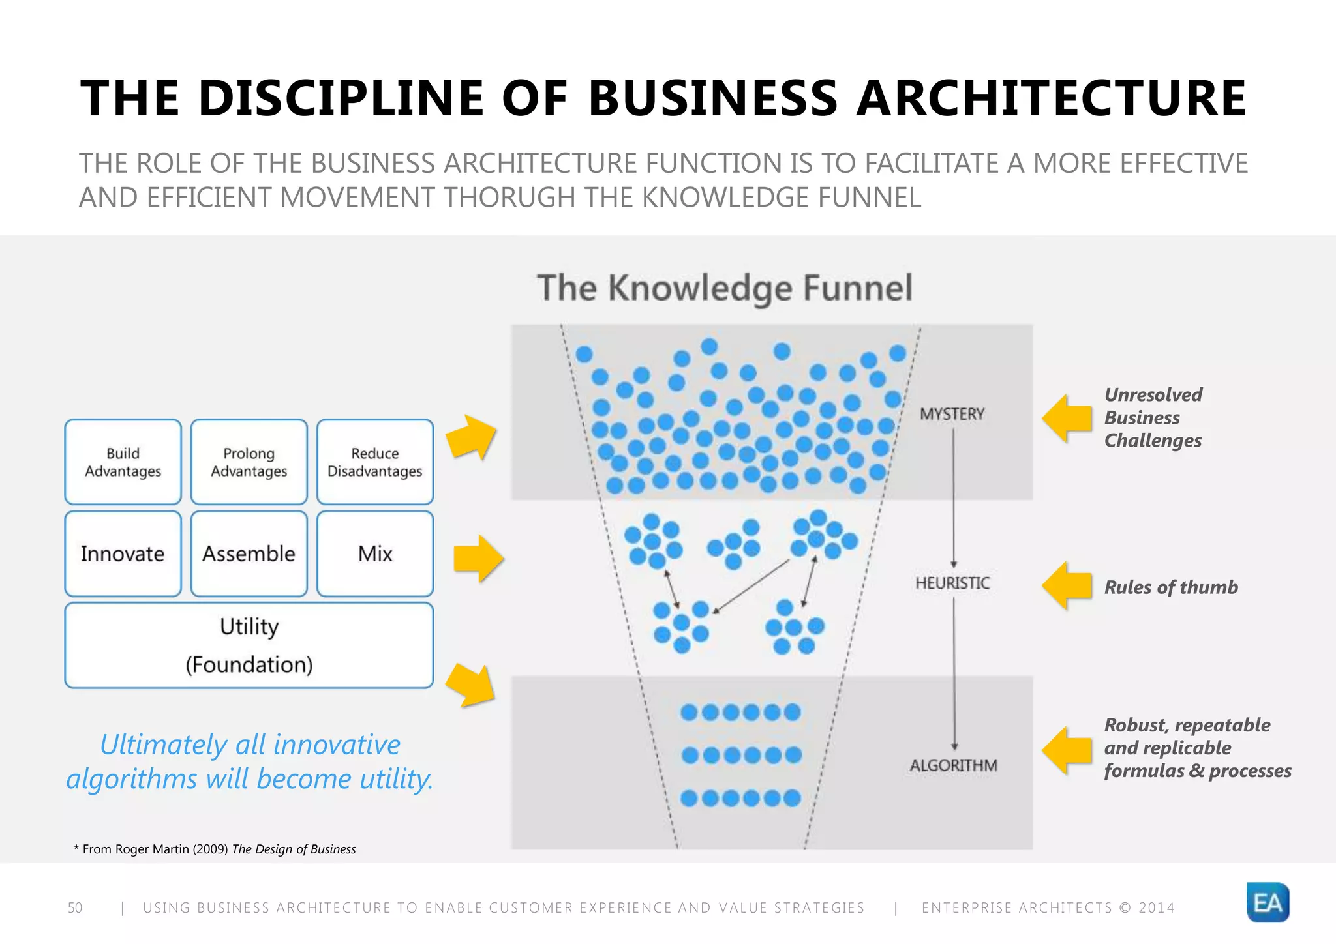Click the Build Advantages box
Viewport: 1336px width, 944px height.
click(x=123, y=462)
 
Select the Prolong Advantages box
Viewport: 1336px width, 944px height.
click(x=249, y=462)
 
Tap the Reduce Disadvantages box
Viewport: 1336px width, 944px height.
click(x=375, y=462)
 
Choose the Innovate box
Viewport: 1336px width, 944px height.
click(x=123, y=553)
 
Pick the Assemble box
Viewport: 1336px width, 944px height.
click(x=249, y=553)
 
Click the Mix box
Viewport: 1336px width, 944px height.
click(x=375, y=553)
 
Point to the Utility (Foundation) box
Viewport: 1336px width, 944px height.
click(x=249, y=645)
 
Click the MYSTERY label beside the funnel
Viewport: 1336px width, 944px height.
click(x=952, y=414)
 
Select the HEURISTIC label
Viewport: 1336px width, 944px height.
click(x=952, y=583)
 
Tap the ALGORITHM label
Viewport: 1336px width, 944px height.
click(x=953, y=765)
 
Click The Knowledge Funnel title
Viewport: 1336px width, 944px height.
click(x=725, y=288)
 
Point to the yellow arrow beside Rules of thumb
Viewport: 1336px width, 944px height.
click(x=1067, y=585)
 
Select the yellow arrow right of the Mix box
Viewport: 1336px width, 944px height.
click(x=478, y=558)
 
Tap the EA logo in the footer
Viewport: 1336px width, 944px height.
click(x=1267, y=902)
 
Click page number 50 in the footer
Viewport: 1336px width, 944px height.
click(x=75, y=907)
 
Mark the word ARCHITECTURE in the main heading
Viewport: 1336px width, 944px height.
click(x=1051, y=98)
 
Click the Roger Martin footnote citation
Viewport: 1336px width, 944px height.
click(x=215, y=849)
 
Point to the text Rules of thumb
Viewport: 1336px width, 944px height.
click(x=1170, y=587)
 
